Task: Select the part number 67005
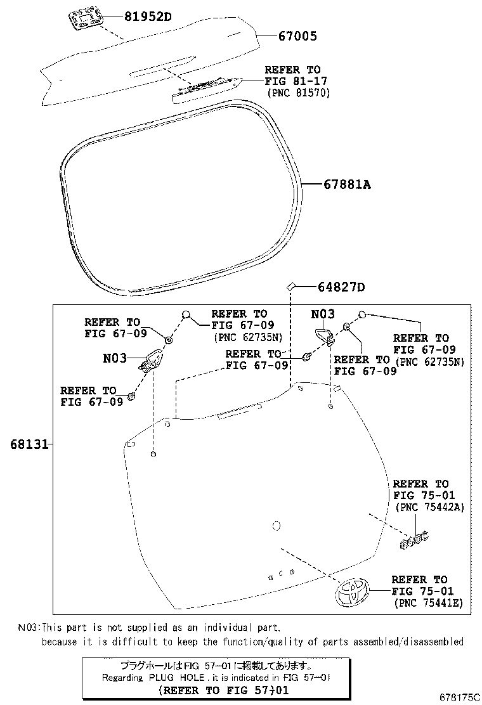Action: [x=297, y=36]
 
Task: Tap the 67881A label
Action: [x=346, y=184]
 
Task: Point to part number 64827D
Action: [x=341, y=287]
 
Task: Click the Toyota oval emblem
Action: [x=353, y=593]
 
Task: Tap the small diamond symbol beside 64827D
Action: [x=290, y=287]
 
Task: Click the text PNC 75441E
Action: [x=428, y=603]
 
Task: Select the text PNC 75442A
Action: [x=430, y=507]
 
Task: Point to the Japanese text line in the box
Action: [x=216, y=666]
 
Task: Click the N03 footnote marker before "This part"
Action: [x=27, y=628]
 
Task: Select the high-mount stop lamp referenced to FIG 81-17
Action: [x=206, y=89]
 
